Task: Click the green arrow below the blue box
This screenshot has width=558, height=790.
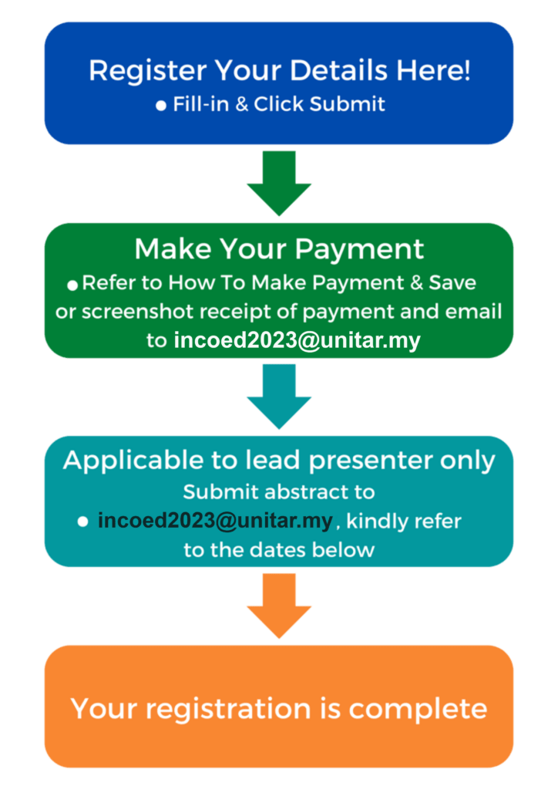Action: tap(279, 183)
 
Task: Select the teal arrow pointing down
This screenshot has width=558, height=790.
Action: tap(279, 397)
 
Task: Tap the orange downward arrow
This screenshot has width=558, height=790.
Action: tap(279, 606)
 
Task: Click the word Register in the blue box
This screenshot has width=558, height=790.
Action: tap(147, 71)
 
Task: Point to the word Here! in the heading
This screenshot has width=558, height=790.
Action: tap(433, 70)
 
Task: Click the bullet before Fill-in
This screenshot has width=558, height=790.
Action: tap(161, 105)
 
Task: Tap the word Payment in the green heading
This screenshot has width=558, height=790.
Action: tap(359, 251)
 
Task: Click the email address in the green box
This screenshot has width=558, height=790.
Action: tap(297, 341)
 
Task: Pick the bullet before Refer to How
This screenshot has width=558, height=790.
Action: tap(72, 285)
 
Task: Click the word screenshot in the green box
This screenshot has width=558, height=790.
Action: tap(137, 312)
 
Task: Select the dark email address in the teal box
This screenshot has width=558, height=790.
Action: tap(215, 521)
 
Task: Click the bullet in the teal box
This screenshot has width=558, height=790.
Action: tap(82, 522)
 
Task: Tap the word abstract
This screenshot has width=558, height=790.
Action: tap(304, 491)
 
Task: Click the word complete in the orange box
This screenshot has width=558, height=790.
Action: tap(418, 710)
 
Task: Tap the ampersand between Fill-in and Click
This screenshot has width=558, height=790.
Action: tap(241, 104)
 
